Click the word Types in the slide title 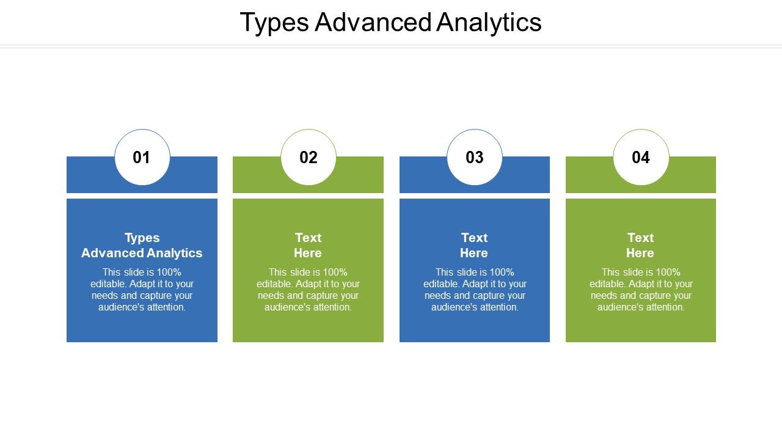[274, 23]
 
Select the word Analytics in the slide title [489, 23]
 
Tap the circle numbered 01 [142, 157]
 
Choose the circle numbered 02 [309, 157]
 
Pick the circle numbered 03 [475, 157]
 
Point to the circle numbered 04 [641, 157]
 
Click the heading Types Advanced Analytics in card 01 [142, 245]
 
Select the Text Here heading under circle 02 [308, 245]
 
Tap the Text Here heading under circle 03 [474, 245]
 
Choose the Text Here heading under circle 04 [640, 245]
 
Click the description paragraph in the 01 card [142, 290]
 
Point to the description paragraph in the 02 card [308, 290]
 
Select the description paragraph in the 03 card [475, 290]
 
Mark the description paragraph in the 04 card [641, 290]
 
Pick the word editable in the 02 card [274, 284]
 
